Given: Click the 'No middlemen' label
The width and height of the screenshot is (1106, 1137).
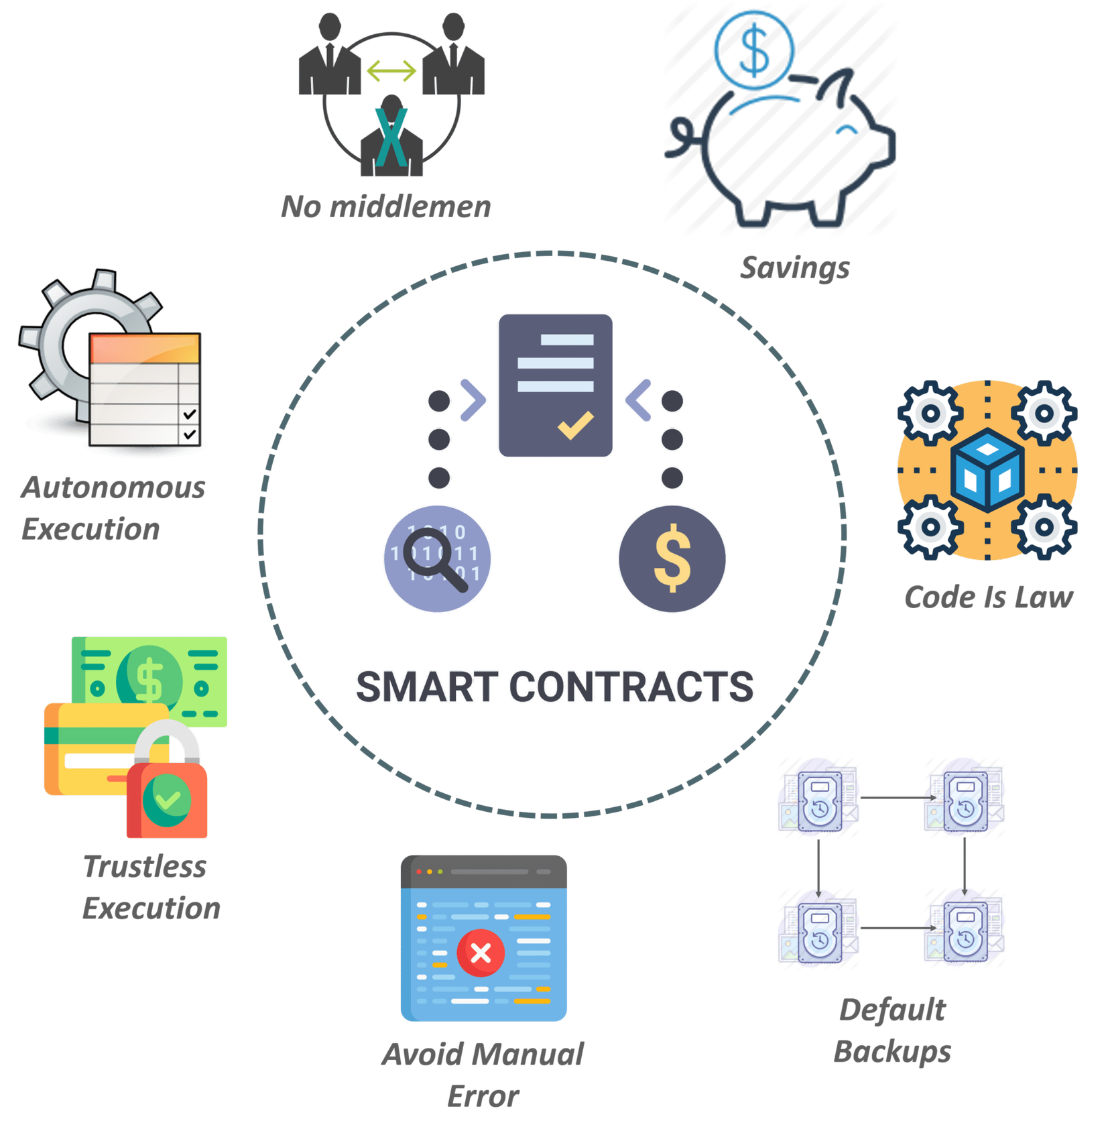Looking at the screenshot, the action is (x=386, y=206).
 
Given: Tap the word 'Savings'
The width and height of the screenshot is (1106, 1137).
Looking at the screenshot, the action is (x=795, y=267).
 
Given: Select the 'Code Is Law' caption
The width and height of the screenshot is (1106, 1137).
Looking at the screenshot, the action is (x=989, y=597).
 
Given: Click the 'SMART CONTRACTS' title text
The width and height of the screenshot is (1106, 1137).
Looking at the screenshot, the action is (x=554, y=687).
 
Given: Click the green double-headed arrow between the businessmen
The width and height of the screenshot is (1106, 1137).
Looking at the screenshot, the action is (x=391, y=70).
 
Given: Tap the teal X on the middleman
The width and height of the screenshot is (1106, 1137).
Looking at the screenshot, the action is (x=391, y=137).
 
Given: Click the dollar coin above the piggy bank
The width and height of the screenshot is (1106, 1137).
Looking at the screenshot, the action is (x=754, y=50).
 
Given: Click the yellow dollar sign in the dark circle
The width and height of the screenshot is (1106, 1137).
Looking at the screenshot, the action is (x=672, y=558).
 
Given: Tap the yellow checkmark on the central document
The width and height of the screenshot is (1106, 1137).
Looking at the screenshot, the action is (x=575, y=425).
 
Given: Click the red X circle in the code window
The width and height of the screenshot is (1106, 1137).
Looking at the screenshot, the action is (x=481, y=953).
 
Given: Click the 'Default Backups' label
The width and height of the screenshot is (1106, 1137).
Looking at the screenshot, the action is (x=892, y=1030).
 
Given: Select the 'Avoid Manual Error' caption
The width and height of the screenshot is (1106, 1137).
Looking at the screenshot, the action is (x=483, y=1075).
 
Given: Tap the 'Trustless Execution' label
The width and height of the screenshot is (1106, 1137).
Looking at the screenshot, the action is (x=151, y=888).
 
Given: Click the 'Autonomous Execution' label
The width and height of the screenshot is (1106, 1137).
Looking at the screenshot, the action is (x=113, y=508).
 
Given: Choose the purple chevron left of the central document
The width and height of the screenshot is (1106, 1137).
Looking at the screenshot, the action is (x=473, y=400).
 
